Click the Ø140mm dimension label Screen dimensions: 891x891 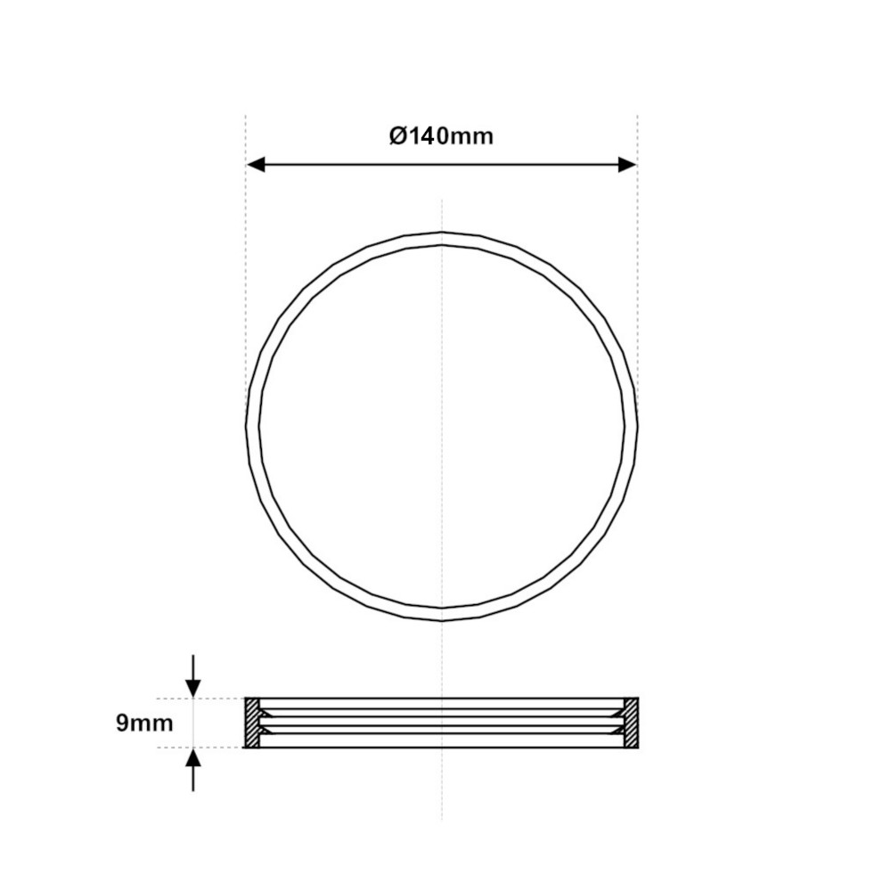point(441,136)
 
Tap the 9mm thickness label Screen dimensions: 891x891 point(144,723)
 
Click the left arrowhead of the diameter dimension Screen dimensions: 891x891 point(257,166)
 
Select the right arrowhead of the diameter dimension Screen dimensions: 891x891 point(627,166)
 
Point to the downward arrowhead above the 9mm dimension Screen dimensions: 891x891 point(193,688)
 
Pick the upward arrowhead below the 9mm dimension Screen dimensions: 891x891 point(193,757)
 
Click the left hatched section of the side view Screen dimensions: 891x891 point(252,723)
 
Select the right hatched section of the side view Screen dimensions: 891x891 point(631,723)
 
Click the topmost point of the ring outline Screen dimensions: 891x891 point(442,233)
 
